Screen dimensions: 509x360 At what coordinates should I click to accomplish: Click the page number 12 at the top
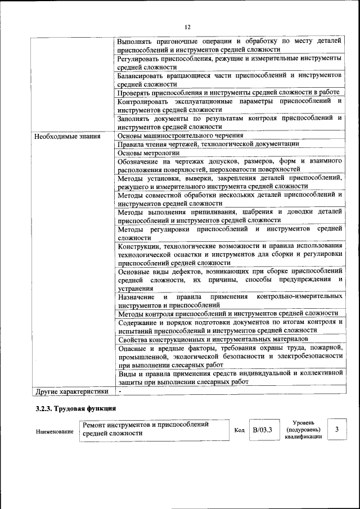[x=187, y=27]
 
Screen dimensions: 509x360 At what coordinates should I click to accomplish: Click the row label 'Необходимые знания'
[x=67, y=136]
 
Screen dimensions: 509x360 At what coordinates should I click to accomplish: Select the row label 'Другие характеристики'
[x=71, y=391]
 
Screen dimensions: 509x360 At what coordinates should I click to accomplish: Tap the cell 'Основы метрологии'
[x=149, y=152]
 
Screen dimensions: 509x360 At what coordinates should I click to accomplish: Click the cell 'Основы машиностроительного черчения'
[x=181, y=136]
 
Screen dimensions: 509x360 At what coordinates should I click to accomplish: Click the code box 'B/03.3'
[x=262, y=431]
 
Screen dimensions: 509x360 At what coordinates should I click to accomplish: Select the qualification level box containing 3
[x=336, y=430]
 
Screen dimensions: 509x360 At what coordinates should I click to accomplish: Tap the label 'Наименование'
[x=55, y=431]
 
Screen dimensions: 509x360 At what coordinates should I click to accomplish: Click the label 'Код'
[x=239, y=431]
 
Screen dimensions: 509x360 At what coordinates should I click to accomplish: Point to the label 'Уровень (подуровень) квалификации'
[x=303, y=430]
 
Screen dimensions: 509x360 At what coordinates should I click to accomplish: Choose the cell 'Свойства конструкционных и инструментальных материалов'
[x=213, y=339]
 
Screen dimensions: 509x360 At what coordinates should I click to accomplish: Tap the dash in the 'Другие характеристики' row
[x=120, y=391]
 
